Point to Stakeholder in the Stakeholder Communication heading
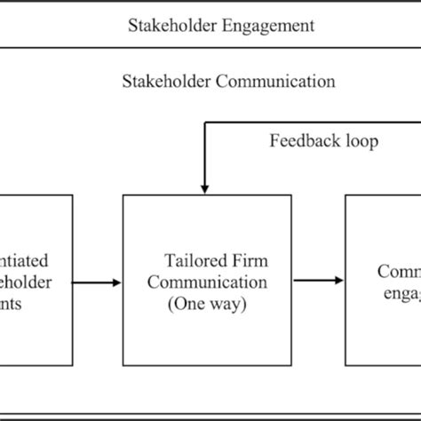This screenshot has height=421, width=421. point(163,81)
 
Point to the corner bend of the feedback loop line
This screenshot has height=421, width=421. point(205,124)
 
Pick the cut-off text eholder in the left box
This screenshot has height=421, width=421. point(27,282)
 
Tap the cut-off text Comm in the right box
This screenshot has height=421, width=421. point(398,271)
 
